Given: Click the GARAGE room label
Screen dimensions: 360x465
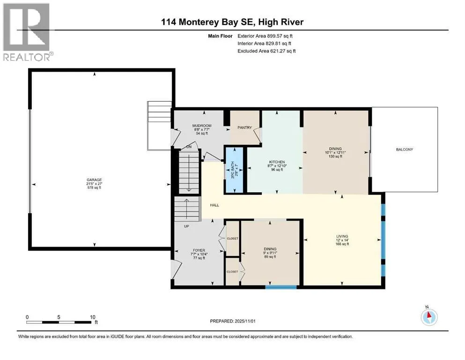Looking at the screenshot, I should point(94,180).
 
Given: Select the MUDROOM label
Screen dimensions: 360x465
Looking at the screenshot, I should point(202,126).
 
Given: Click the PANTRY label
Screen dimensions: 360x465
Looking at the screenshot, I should point(244,127).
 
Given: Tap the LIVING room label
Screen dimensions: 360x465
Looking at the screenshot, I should point(342,236).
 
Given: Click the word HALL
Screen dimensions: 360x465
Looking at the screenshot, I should point(214,205).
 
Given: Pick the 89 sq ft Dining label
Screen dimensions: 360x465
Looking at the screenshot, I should point(270,249).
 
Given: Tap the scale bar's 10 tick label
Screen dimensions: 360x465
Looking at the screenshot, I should point(92,316).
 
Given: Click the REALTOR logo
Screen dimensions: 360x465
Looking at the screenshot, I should point(27,32).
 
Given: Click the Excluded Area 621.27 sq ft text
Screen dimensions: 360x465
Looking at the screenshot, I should point(267,51).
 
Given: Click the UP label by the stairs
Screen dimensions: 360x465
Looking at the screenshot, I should point(186,226).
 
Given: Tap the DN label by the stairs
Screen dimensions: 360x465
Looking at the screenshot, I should point(189,147).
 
